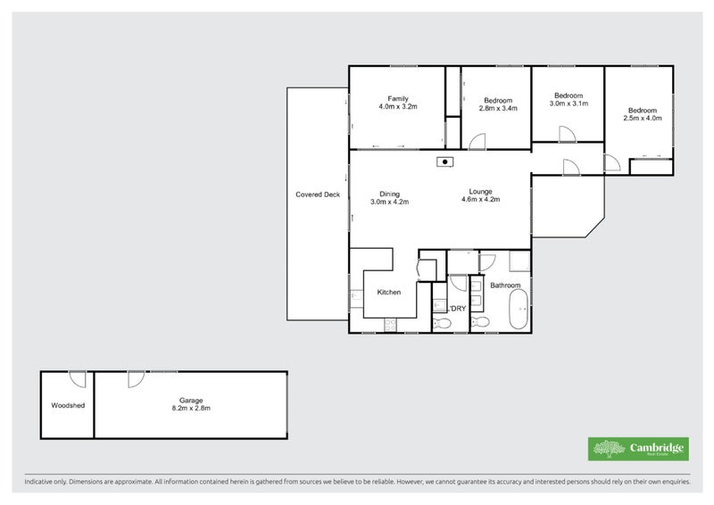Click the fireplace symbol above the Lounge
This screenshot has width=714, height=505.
pyautogui.click(x=444, y=161)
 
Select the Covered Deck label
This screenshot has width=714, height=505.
pyautogui.click(x=318, y=195)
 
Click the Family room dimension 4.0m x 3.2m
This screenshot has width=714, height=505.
pyautogui.click(x=398, y=106)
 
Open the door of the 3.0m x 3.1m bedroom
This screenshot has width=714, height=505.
pyautogui.click(x=565, y=135)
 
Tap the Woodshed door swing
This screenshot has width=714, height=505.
pyautogui.click(x=79, y=379)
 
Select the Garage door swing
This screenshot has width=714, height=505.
pyautogui.click(x=135, y=379)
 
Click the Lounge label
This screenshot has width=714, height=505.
pyautogui.click(x=481, y=191)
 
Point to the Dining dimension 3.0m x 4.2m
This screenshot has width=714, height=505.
pyautogui.click(x=389, y=202)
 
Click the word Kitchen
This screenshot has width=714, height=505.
pyautogui.click(x=388, y=292)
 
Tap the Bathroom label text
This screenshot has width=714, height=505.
pyautogui.click(x=505, y=286)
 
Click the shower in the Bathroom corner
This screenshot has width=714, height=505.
pyautogui.click(x=520, y=261)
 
